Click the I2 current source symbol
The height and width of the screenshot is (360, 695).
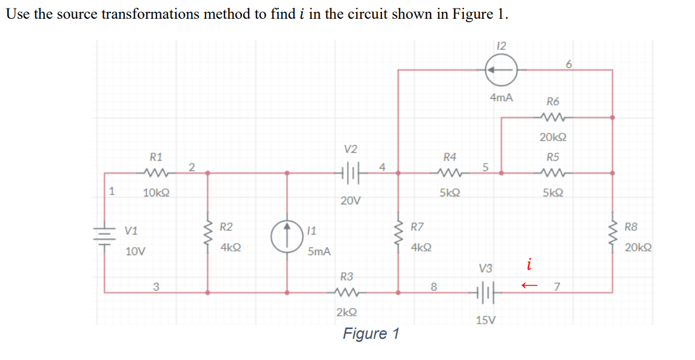pos(501,70)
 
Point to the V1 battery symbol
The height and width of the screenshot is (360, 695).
pos(105,236)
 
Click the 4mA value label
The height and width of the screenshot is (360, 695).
pos(501,98)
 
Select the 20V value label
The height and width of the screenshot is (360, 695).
pos(351,200)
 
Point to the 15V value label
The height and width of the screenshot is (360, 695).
pos(486,320)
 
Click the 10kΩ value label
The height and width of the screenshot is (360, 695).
pos(156,193)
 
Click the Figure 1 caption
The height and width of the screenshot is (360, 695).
pos(371,333)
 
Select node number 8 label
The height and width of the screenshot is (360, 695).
pos(433,287)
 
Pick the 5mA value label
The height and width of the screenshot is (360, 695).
pos(319,251)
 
